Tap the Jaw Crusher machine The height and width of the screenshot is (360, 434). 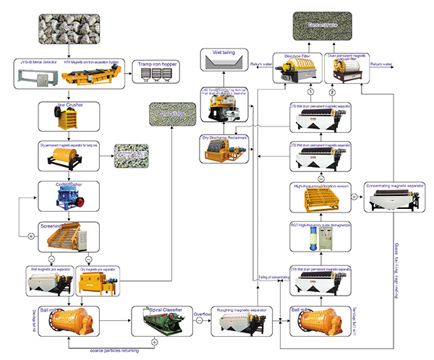[69, 119]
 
